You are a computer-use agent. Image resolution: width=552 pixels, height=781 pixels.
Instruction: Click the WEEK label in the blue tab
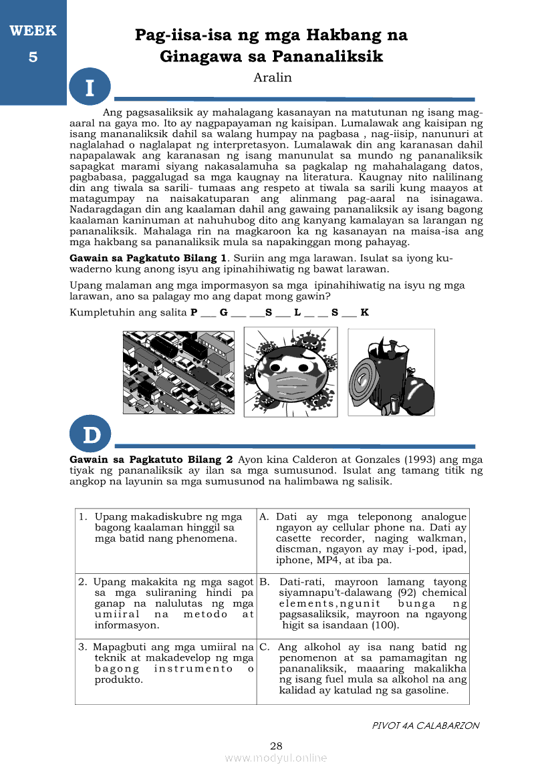pyautogui.click(x=33, y=31)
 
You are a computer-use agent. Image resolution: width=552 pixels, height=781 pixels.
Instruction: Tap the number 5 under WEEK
pyautogui.click(x=33, y=57)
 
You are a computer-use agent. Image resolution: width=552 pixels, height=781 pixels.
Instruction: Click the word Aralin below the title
pyautogui.click(x=273, y=77)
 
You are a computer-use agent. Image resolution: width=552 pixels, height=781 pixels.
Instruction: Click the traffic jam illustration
pyautogui.click(x=178, y=373)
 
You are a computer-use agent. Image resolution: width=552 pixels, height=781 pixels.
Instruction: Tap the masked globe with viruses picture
pyautogui.click(x=291, y=373)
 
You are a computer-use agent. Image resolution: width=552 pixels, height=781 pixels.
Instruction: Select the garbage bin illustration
pyautogui.click(x=392, y=373)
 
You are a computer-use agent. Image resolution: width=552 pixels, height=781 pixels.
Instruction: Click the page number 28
pyautogui.click(x=276, y=746)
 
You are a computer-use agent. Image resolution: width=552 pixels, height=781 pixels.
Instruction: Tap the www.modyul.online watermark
pyautogui.click(x=276, y=758)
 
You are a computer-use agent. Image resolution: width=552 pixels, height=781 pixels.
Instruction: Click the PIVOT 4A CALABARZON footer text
pyautogui.click(x=425, y=726)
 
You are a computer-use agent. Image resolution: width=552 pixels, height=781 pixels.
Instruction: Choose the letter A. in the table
pyautogui.click(x=264, y=517)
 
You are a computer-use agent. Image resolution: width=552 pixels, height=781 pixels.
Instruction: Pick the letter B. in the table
pyautogui.click(x=264, y=582)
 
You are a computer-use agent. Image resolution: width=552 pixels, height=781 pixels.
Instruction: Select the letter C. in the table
pyautogui.click(x=264, y=647)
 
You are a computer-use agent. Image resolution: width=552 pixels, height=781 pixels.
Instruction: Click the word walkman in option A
pyautogui.click(x=446, y=538)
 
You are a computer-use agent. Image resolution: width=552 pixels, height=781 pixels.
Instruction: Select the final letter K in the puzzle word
pyautogui.click(x=364, y=312)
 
